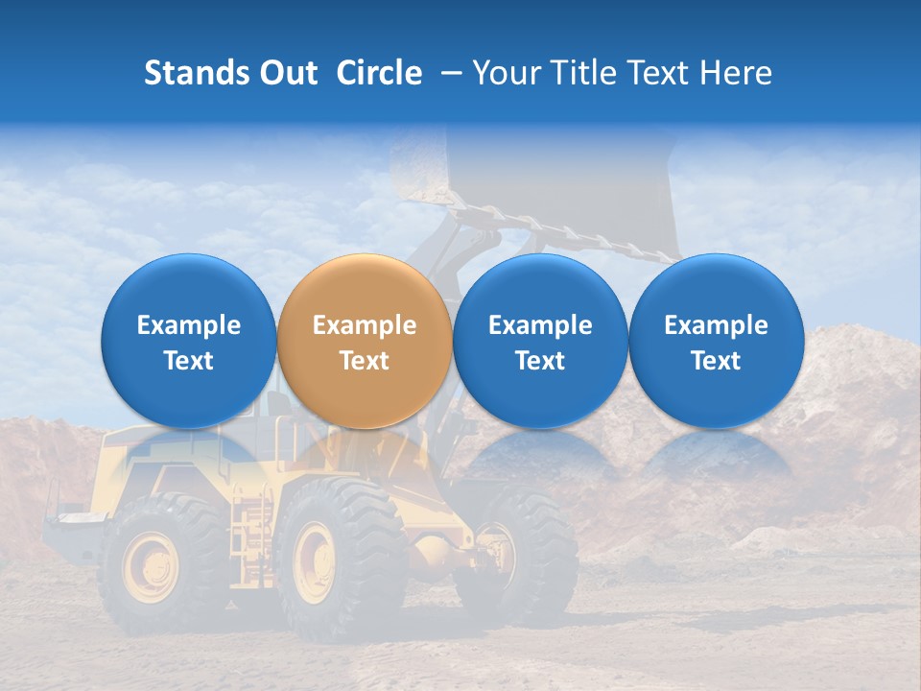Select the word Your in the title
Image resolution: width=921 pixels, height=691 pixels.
coord(503,73)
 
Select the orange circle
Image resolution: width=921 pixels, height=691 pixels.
coord(365,341)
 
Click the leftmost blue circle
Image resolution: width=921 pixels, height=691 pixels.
coord(189,341)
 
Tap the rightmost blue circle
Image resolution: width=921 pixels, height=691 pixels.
coord(716,341)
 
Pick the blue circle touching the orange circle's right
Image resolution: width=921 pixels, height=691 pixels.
coord(540,341)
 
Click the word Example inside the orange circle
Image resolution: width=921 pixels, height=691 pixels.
coord(365,325)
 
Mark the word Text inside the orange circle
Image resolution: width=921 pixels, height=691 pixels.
coord(365,361)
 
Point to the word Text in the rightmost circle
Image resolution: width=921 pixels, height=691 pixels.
coord(716,361)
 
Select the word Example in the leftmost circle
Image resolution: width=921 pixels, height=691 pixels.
coord(189,325)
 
